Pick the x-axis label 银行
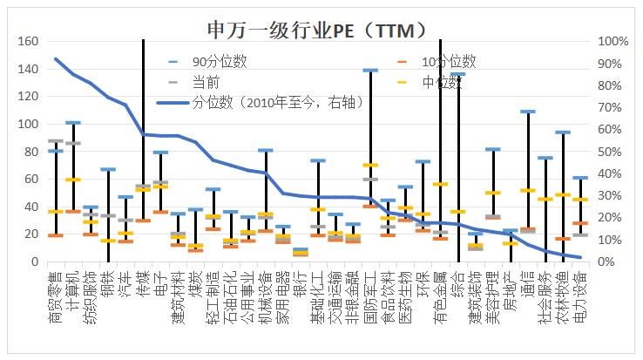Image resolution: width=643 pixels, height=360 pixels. tap(300, 284)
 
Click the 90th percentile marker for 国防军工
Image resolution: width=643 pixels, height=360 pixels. tap(370, 70)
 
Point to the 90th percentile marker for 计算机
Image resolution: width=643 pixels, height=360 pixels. tap(73, 123)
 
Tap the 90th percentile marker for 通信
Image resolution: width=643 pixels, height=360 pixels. tap(527, 112)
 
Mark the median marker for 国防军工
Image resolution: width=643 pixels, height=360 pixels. tap(370, 165)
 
